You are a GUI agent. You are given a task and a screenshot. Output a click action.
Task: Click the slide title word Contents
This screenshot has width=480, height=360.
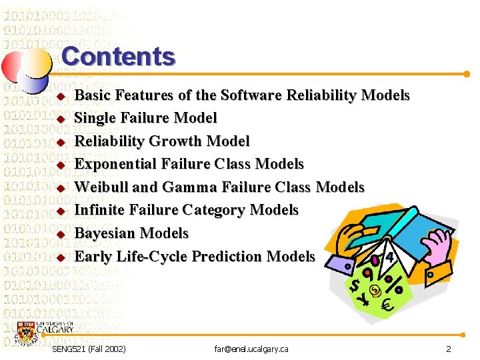118,56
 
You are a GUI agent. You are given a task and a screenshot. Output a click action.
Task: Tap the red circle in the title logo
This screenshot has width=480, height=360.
15,66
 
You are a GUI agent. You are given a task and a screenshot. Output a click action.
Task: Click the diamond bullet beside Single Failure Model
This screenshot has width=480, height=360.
59,119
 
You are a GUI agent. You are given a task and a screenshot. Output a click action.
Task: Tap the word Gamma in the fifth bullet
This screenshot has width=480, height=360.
179,187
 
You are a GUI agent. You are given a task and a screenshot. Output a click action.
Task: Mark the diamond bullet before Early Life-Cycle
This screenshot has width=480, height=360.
59,257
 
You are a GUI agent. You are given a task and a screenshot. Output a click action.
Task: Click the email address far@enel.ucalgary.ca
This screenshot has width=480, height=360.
251,349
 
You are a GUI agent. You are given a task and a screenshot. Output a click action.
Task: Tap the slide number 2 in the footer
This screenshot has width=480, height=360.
449,349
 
